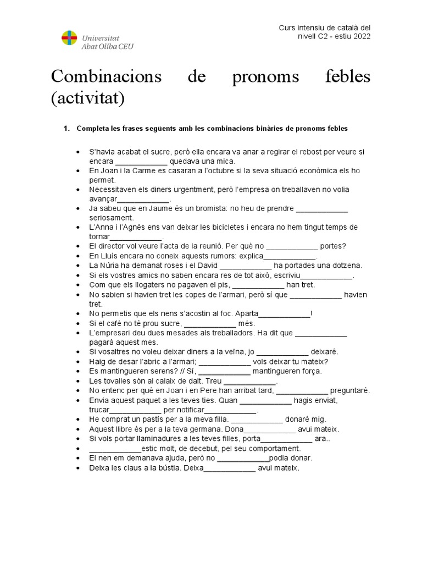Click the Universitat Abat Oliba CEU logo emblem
(70, 39)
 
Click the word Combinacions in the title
(106, 78)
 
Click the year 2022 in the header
(360, 37)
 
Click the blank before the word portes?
(292, 246)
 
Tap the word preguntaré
(350, 390)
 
